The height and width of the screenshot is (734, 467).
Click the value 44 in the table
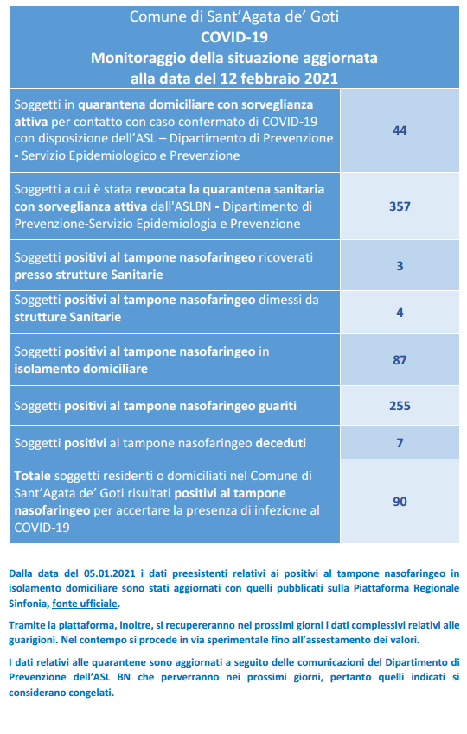point(400,130)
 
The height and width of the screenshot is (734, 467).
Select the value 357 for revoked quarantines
point(400,206)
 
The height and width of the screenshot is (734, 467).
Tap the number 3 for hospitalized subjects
point(400,266)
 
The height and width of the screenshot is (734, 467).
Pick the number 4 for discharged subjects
point(400,313)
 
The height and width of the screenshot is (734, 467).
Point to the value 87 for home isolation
point(400,360)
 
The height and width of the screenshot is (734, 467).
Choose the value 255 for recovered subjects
point(400,405)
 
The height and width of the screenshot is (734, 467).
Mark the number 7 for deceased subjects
point(400,442)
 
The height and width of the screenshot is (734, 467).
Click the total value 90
point(400,502)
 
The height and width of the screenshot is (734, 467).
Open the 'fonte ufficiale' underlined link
point(85,604)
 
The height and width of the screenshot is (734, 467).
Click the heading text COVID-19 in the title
point(234,37)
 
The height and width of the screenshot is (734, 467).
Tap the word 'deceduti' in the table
point(280,443)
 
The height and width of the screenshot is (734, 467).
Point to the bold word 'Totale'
point(32,476)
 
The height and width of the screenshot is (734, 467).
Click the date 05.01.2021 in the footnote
point(110,573)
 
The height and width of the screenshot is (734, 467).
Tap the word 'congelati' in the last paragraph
point(91,693)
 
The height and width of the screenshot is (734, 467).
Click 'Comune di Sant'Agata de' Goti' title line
point(234,16)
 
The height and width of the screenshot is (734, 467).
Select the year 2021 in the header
point(321,79)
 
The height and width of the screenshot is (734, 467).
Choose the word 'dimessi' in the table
point(280,300)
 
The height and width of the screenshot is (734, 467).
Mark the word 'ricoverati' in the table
point(286,257)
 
